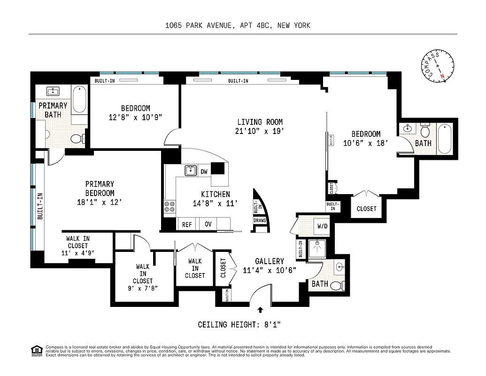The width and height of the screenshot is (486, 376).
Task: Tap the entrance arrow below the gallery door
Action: pyautogui.click(x=261, y=309)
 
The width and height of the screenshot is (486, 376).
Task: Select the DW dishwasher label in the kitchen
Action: pyautogui.click(x=204, y=172)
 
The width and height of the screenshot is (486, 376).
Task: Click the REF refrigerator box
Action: pyautogui.click(x=187, y=224)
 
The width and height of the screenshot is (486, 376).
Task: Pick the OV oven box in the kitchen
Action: pyautogui.click(x=208, y=224)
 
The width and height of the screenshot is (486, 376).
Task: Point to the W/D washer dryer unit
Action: pyautogui.click(x=323, y=226)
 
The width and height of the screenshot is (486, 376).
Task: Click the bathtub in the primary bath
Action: pyautogui.click(x=79, y=99)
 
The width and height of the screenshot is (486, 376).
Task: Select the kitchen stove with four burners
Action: pyautogui.click(x=170, y=206)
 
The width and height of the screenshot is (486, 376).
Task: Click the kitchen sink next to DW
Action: pyautogui.click(x=190, y=171)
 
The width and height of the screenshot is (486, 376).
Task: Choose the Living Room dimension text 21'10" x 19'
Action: pyautogui.click(x=260, y=131)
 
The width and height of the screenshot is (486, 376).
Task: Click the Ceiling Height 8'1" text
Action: pyautogui.click(x=239, y=324)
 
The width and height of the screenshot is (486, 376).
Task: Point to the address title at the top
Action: pyautogui.click(x=238, y=26)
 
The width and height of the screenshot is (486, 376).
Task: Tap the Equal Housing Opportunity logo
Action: pyautogui.click(x=36, y=350)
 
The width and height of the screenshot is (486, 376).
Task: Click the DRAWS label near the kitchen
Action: pyautogui.click(x=260, y=220)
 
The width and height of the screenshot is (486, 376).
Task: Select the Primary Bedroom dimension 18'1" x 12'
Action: pyautogui.click(x=100, y=202)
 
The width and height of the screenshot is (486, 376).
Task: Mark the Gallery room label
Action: pyautogui.click(x=269, y=261)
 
